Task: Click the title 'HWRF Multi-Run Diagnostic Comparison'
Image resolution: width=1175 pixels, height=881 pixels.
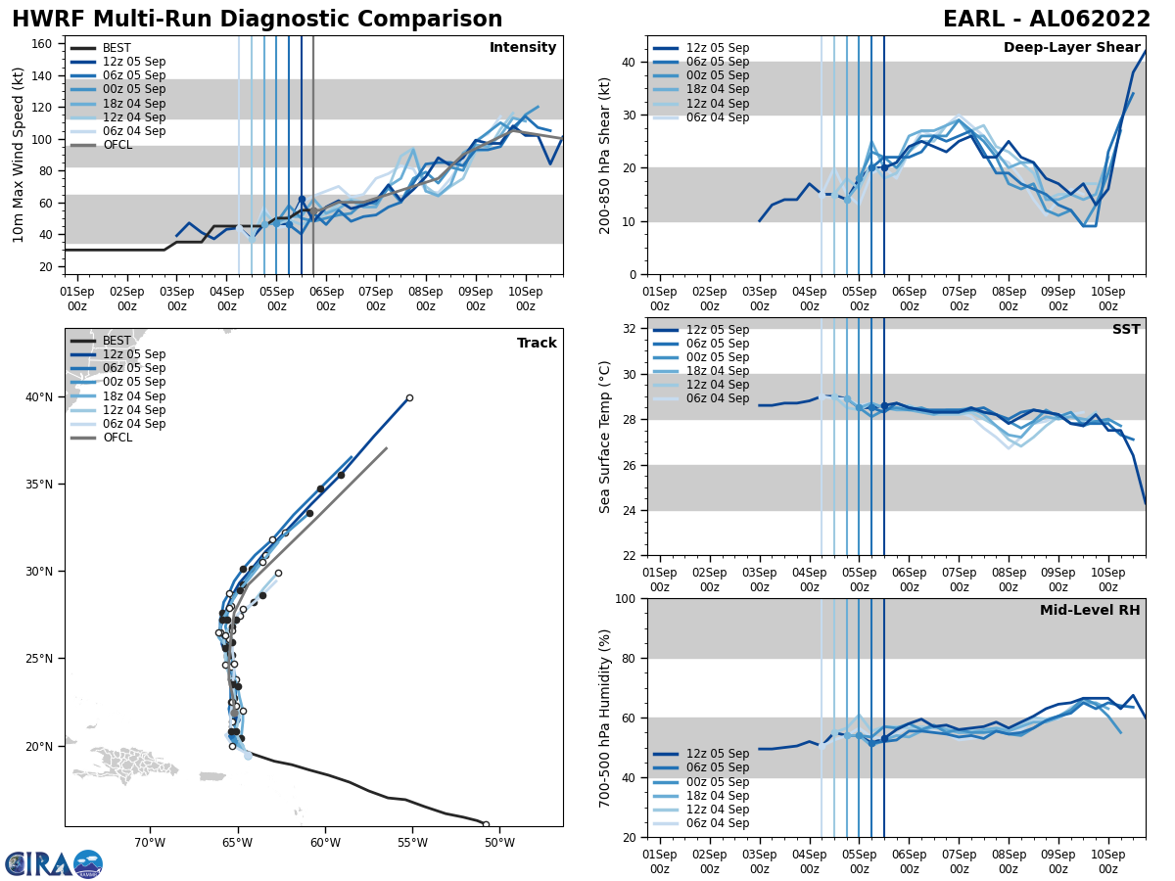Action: [x=257, y=20]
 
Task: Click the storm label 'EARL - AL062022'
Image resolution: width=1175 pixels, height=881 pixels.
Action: [x=1046, y=20]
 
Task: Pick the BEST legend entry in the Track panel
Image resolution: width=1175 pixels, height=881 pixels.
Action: [x=116, y=341]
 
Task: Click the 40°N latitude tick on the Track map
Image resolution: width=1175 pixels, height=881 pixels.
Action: [x=39, y=397]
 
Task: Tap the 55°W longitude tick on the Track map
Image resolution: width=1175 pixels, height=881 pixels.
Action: [x=411, y=843]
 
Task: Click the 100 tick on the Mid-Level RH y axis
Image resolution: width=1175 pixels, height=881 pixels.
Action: [x=628, y=598]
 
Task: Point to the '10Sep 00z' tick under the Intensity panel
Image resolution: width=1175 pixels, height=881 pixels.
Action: [x=525, y=299]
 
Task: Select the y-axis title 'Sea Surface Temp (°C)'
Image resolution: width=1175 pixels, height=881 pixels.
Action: [x=605, y=437]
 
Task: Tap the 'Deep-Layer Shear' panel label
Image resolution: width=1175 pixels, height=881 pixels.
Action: [x=1071, y=48]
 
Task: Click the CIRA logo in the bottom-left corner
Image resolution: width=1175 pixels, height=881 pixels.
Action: [x=53, y=863]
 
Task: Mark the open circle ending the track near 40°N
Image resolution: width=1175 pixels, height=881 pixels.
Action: [x=409, y=397]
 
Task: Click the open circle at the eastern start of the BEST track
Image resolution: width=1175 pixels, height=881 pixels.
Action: [x=486, y=824]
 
